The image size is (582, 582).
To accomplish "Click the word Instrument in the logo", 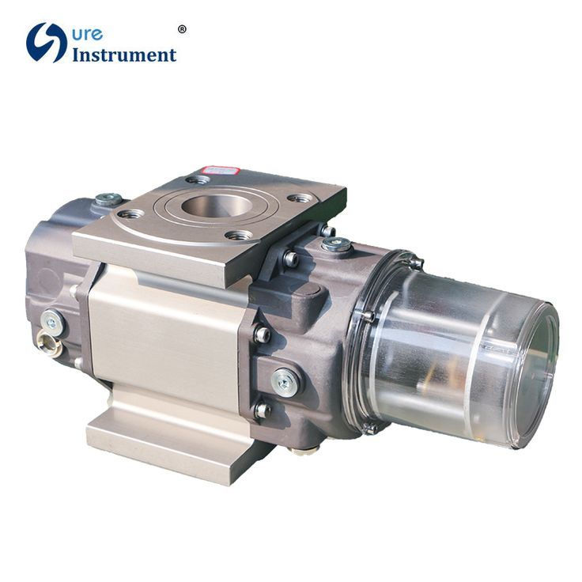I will coord(124,55).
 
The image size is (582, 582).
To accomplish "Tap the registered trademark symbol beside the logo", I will coord(182,29).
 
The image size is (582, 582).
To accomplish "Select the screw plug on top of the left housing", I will coord(108,199).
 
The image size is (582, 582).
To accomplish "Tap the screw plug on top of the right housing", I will coord(337,244).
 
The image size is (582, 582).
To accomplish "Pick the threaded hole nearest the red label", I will coord(198,180).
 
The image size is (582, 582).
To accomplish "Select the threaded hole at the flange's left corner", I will coord(130,214).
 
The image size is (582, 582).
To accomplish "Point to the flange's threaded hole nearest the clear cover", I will coord(300,198).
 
